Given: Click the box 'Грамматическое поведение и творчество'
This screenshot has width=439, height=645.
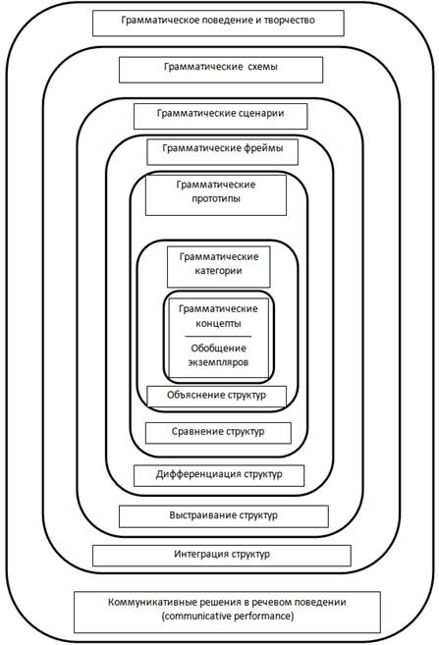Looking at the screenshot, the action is [218, 23].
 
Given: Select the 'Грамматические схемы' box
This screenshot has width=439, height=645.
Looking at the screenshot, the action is [221, 70].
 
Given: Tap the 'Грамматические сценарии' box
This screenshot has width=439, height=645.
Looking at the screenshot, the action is [221, 116].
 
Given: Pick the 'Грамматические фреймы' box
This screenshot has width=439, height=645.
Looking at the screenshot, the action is [223, 151].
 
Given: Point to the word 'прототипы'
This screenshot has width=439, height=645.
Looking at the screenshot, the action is [216, 198].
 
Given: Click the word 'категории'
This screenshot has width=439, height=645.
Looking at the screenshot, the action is [218, 271].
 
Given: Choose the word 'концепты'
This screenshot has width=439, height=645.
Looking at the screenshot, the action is [218, 323].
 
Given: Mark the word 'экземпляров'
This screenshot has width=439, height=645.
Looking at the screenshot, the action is [218, 362].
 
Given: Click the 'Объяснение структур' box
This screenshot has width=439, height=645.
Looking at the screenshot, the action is [216, 397].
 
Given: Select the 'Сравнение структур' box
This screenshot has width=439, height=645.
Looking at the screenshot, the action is [218, 433].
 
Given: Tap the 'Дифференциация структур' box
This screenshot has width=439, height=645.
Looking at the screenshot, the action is [219, 475].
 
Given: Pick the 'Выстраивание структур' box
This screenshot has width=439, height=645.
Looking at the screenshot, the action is [223, 516].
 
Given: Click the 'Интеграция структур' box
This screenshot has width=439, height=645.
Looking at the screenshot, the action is [222, 556].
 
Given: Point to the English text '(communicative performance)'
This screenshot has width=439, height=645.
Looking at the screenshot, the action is [228, 617].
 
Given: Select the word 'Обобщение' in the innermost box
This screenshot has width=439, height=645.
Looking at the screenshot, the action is [218, 348].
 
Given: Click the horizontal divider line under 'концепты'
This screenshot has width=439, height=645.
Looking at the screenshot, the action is [218, 337].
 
